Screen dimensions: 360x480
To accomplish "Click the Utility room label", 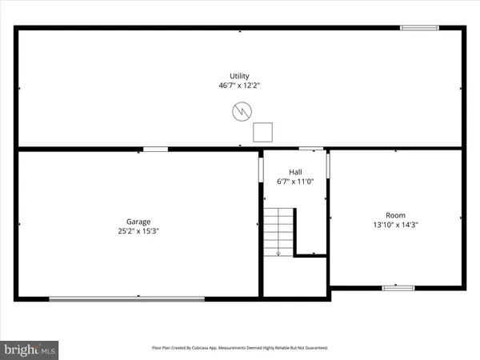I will [x=240, y=76].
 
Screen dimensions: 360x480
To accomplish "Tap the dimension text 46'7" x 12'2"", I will [x=240, y=86].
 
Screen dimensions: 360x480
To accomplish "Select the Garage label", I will [x=139, y=222].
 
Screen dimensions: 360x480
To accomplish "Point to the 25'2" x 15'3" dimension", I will [x=139, y=231].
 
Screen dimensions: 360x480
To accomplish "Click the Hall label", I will [x=295, y=172].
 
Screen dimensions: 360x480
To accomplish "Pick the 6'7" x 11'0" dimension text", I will [x=295, y=182].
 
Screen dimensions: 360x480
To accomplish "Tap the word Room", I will [x=396, y=215].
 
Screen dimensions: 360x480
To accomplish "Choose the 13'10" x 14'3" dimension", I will [x=396, y=225].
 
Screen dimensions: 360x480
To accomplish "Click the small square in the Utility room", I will [x=263, y=132].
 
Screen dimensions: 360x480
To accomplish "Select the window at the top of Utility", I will [x=419, y=29].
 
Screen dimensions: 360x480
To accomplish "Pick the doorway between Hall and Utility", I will [x=310, y=149].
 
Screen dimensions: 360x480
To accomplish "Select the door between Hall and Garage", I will [x=261, y=169].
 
